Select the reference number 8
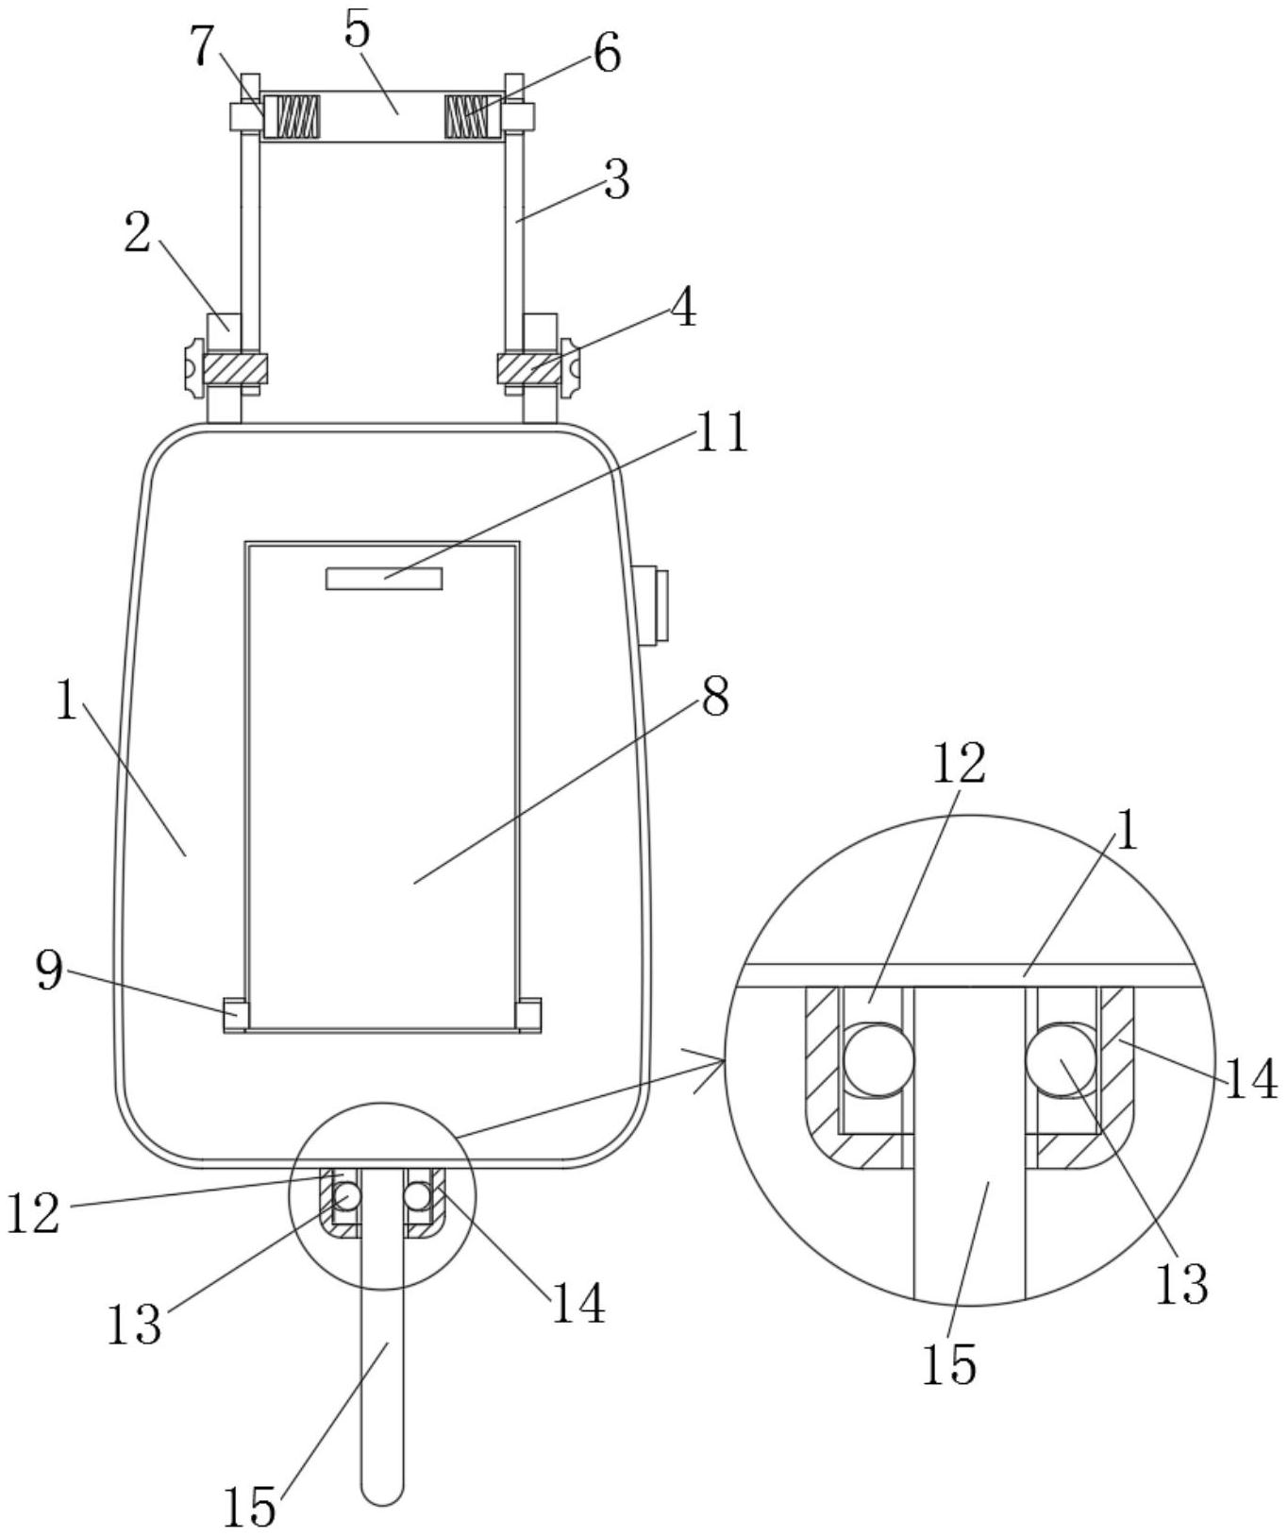(x=714, y=697)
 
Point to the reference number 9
(x=50, y=970)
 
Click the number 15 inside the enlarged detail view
(x=949, y=1363)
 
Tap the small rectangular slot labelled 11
(x=384, y=579)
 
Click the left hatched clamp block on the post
(x=235, y=368)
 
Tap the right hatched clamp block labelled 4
(x=529, y=368)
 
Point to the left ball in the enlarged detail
(x=878, y=1059)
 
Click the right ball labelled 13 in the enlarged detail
(x=1062, y=1059)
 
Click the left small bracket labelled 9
(x=235, y=1014)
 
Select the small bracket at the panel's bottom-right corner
(x=529, y=1014)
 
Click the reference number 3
(x=616, y=179)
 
